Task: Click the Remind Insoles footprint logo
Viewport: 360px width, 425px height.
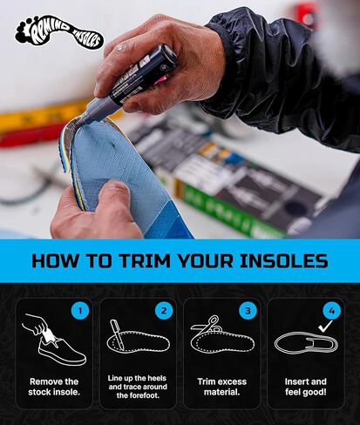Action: click(x=59, y=32)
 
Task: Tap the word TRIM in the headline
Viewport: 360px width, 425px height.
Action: click(x=145, y=260)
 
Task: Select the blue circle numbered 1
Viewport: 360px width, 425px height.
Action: click(x=80, y=311)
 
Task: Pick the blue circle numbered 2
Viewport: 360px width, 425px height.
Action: click(x=164, y=311)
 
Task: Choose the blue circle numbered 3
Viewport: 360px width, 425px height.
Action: click(x=248, y=311)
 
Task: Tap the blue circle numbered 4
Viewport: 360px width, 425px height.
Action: click(x=331, y=311)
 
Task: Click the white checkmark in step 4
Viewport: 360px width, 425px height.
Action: click(x=325, y=327)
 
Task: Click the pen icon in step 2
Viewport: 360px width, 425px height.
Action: click(x=117, y=334)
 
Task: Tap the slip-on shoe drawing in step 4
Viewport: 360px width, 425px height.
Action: click(x=306, y=342)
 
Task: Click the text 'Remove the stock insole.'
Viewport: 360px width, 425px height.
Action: click(x=54, y=387)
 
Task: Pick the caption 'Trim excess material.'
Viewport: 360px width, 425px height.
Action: click(x=222, y=387)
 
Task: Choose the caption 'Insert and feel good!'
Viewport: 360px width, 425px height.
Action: click(x=306, y=387)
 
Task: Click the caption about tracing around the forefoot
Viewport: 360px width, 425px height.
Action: click(x=138, y=387)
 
